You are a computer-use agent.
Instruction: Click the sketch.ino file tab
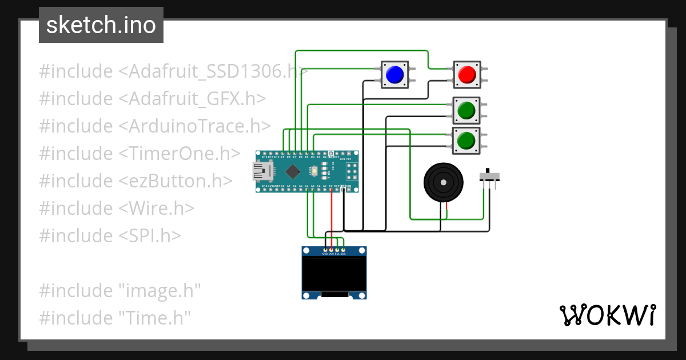pos(101,25)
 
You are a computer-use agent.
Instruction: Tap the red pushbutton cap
pos(467,74)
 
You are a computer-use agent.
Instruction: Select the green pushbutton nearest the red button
pos(467,109)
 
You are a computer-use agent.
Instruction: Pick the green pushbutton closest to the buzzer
pos(467,140)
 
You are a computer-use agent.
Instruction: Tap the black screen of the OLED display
pos(334,273)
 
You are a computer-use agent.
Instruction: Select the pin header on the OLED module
pos(334,250)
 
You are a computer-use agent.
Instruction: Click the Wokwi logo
pos(607,315)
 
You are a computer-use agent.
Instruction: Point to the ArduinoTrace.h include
pos(155,126)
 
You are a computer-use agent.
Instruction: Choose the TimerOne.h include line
pos(139,154)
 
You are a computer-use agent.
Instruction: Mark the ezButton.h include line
pos(136,181)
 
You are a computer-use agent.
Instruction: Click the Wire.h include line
pos(117,209)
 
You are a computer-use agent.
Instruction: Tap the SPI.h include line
pos(110,235)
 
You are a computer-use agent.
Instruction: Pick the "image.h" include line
pos(120,290)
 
